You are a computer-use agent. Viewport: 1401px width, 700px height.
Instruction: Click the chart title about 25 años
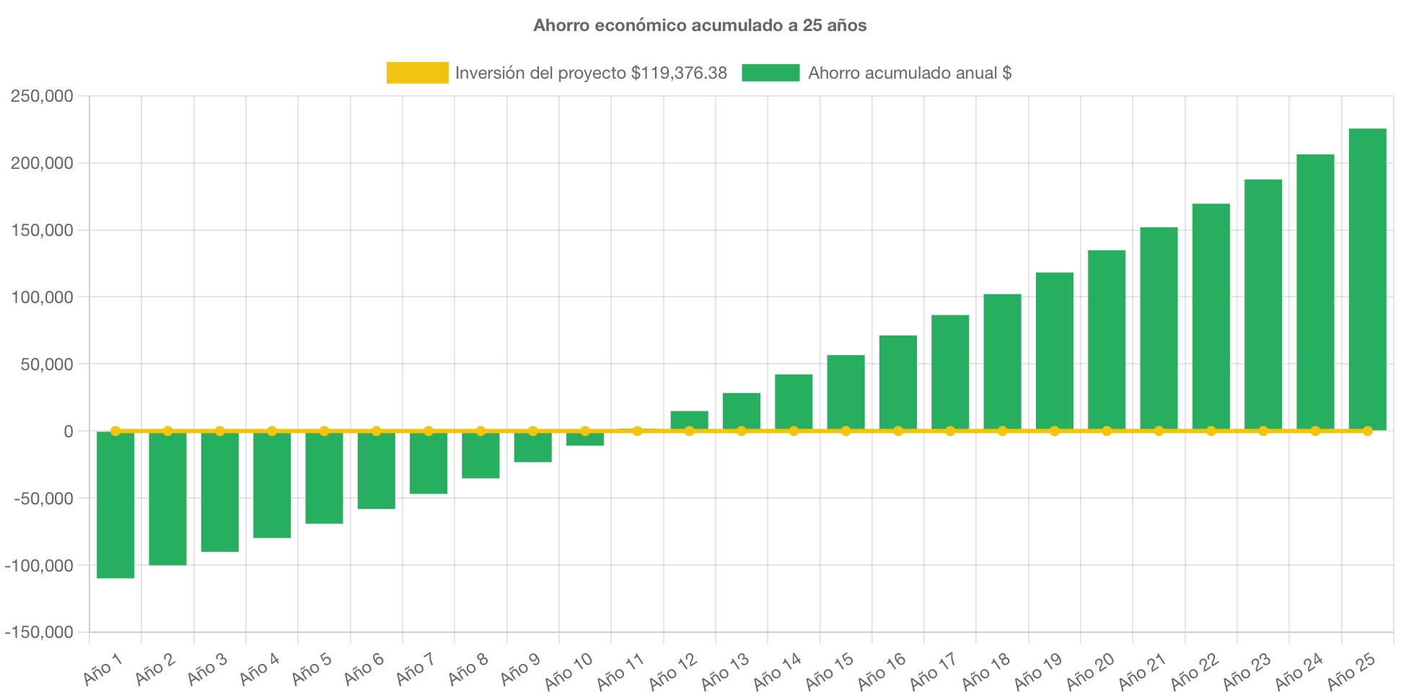pyautogui.click(x=700, y=25)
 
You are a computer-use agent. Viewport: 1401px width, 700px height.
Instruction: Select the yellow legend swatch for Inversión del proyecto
pyautogui.click(x=417, y=73)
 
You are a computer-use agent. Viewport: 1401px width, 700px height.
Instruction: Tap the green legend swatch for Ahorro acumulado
pyautogui.click(x=770, y=73)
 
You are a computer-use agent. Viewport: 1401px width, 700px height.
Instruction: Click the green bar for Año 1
pyautogui.click(x=115, y=505)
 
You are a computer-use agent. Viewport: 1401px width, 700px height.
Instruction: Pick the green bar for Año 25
pyautogui.click(x=1367, y=279)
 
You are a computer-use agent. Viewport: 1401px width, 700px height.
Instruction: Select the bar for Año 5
pyautogui.click(x=324, y=478)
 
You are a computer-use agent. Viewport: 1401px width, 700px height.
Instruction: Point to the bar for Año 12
pyautogui.click(x=689, y=420)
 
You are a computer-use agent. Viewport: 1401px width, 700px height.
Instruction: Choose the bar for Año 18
pyautogui.click(x=1002, y=362)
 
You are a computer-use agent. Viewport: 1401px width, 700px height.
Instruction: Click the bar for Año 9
pyautogui.click(x=532, y=447)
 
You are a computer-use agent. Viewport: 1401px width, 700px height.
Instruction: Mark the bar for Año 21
pyautogui.click(x=1159, y=329)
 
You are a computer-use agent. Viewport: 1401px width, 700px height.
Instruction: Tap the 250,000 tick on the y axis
pyautogui.click(x=42, y=97)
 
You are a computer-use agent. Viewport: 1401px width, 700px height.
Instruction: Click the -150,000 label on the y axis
pyautogui.click(x=39, y=633)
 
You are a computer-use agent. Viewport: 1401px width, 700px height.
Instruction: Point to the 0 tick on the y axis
pyautogui.click(x=68, y=432)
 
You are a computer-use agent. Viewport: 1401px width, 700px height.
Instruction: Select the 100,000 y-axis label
pyautogui.click(x=42, y=297)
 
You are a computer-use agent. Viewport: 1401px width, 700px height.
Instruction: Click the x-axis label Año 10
pyautogui.click(x=568, y=670)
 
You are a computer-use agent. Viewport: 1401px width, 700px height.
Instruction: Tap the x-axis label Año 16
pyautogui.click(x=882, y=670)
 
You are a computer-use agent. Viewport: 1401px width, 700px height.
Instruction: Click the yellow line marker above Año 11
pyautogui.click(x=637, y=431)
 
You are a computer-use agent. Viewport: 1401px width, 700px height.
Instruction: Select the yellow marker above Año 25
pyautogui.click(x=1367, y=431)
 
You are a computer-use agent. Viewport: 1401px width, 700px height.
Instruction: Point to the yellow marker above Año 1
pyautogui.click(x=115, y=431)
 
